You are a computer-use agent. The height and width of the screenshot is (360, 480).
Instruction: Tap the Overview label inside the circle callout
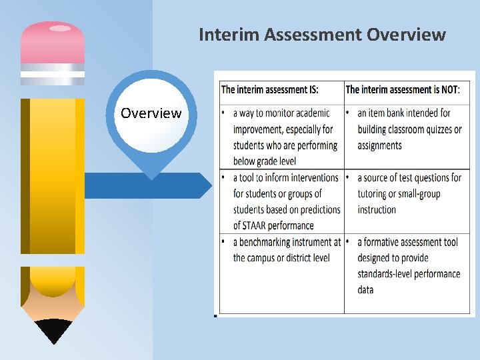[151, 113]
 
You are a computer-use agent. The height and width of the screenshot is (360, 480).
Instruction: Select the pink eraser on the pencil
[53, 42]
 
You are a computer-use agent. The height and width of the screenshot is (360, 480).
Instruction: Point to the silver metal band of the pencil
[53, 74]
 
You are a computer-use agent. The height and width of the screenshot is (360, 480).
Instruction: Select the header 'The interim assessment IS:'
[269, 89]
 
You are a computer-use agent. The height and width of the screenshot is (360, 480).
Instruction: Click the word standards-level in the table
[389, 273]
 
